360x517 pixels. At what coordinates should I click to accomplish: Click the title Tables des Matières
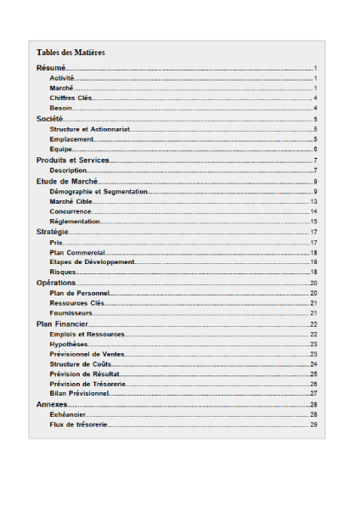tap(70, 53)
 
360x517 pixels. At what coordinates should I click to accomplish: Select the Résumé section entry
tap(51, 67)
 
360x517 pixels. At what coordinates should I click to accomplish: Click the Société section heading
tap(50, 119)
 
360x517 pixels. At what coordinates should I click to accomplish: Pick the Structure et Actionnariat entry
tap(90, 129)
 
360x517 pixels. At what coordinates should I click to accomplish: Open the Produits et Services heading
tap(73, 160)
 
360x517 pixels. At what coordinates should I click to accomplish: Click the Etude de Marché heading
tap(68, 182)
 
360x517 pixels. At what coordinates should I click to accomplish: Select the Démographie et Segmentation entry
tap(98, 192)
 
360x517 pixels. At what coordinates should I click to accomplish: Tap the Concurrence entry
tap(70, 211)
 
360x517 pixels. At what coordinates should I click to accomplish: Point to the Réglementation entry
tap(75, 222)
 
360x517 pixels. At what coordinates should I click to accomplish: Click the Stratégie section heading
tap(52, 232)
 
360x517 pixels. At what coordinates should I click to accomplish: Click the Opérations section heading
tap(56, 283)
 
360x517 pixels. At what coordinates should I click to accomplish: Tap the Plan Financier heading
tap(62, 323)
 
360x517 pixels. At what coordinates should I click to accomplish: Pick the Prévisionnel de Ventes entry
tap(87, 354)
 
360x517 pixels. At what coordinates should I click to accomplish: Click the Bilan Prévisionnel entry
tap(80, 394)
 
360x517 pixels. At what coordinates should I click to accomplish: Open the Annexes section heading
tap(52, 404)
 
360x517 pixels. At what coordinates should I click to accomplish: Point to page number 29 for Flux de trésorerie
tap(313, 424)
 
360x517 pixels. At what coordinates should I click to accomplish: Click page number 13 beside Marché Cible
tap(313, 202)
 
